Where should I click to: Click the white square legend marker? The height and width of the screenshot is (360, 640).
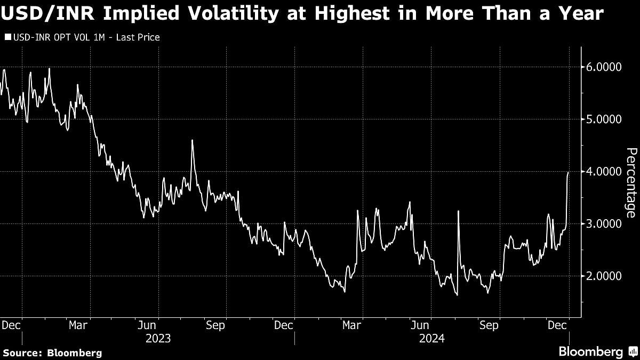(x=7, y=37)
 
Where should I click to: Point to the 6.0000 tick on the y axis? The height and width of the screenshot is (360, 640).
(x=601, y=67)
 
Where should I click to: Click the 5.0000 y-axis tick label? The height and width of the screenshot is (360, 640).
(x=601, y=119)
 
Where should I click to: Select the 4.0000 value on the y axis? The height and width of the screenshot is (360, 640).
(x=601, y=172)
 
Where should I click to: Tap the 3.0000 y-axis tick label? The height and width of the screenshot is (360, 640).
(x=601, y=224)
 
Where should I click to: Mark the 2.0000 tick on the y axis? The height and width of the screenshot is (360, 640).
(x=601, y=276)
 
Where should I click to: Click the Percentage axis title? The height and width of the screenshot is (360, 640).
(x=630, y=182)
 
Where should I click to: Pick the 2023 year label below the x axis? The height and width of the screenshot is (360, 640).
(x=158, y=338)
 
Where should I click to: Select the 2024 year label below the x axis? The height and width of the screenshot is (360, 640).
(x=431, y=338)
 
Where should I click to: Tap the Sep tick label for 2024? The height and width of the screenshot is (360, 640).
(x=489, y=324)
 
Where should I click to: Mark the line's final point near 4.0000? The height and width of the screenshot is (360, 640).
(x=569, y=173)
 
